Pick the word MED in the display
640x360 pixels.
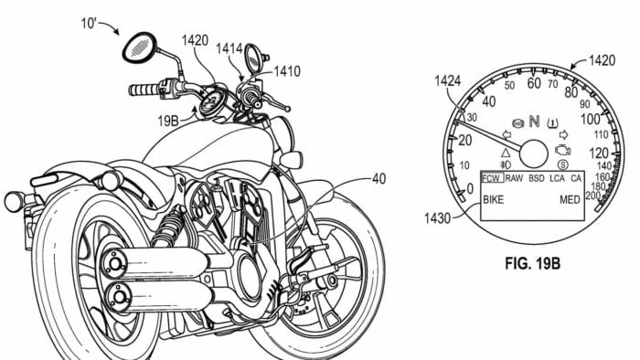[x=571, y=199]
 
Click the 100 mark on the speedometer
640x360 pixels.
[x=592, y=120]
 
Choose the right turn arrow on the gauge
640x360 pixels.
[x=563, y=134]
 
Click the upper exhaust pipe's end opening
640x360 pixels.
[x=115, y=264]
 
